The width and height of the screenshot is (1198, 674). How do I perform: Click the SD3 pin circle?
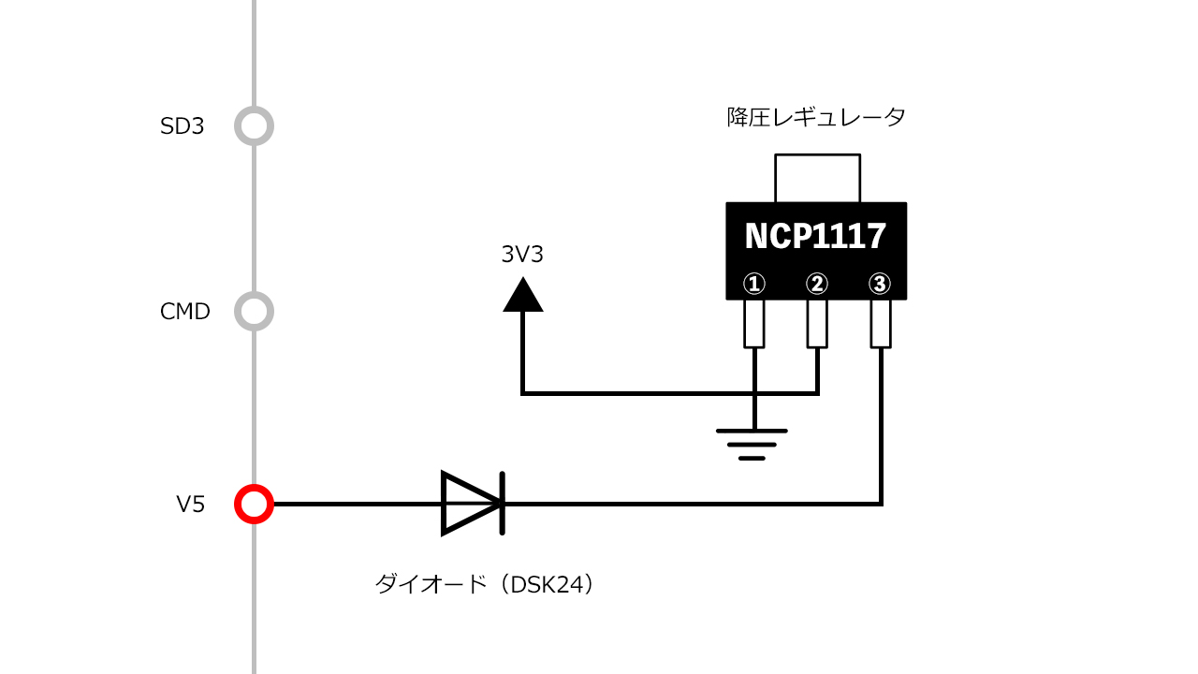(x=254, y=125)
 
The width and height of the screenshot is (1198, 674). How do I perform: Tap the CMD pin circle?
(x=254, y=311)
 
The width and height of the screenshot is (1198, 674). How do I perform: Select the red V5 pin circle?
(x=254, y=505)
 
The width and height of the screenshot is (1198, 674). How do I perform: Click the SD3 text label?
(x=182, y=126)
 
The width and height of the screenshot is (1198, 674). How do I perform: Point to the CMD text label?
(x=185, y=312)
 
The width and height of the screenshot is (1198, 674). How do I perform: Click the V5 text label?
(x=190, y=505)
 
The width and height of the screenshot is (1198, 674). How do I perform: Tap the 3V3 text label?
(x=522, y=255)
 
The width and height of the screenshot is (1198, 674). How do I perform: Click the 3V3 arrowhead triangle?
(x=523, y=295)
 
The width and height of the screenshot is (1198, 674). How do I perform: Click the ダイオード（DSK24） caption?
(x=485, y=585)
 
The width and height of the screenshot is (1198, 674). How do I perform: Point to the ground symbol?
(x=752, y=444)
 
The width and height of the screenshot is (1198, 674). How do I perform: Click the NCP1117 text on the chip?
(x=815, y=237)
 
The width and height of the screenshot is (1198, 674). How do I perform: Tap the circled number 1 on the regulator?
(x=754, y=283)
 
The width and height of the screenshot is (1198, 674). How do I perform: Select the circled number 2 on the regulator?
(x=817, y=283)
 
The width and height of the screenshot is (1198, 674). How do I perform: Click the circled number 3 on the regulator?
(x=879, y=283)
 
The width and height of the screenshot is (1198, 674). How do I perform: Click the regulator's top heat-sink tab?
(x=817, y=178)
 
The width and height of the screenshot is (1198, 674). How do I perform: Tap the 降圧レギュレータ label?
(x=816, y=118)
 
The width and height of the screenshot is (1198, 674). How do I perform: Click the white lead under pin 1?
(x=754, y=323)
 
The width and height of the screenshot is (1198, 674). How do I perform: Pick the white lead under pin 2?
(x=817, y=323)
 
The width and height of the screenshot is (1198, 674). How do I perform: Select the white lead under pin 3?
(x=880, y=323)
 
